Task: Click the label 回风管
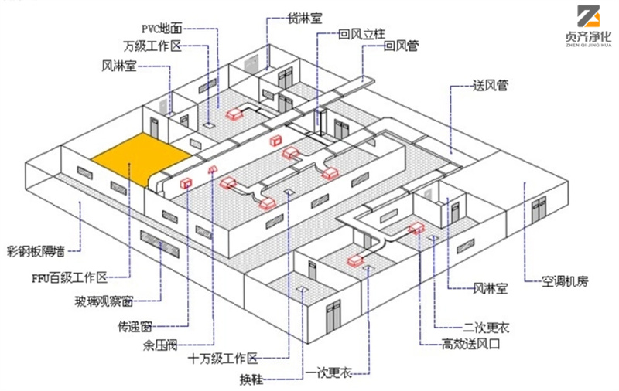click(402, 47)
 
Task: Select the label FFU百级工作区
click(71, 276)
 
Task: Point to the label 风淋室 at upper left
click(119, 66)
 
